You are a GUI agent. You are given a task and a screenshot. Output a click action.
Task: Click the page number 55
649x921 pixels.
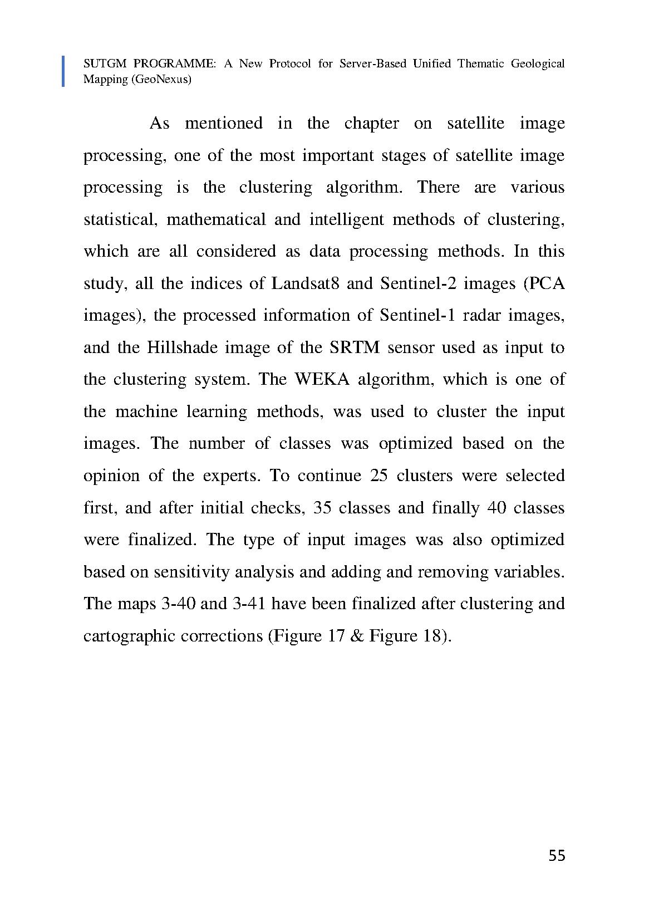point(557,856)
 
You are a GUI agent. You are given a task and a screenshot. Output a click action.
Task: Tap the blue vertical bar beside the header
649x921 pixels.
point(63,71)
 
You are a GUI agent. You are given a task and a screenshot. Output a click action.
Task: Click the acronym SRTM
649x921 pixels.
point(354,348)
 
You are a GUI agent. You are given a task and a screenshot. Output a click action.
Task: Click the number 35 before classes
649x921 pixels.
point(323,508)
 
